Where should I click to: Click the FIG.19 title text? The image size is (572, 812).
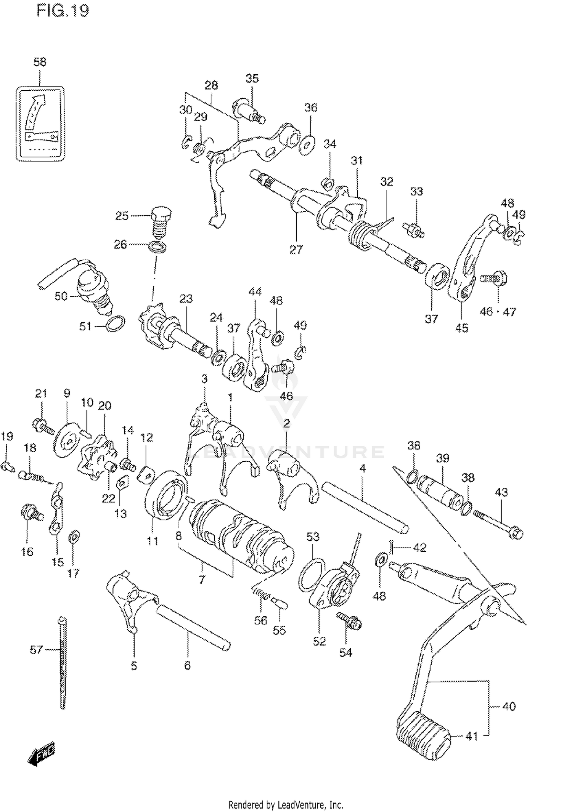[x=63, y=11]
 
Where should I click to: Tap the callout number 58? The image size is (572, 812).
[x=40, y=62]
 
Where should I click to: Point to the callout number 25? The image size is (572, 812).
[x=122, y=216]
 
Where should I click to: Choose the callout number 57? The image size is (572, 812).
[x=36, y=650]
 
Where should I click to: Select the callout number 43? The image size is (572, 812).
[x=501, y=492]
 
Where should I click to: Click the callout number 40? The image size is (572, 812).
[x=509, y=706]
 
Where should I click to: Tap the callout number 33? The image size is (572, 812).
[x=416, y=191]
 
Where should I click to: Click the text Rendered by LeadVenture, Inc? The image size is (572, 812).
[x=286, y=805]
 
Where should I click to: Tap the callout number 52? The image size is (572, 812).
[x=319, y=642]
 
